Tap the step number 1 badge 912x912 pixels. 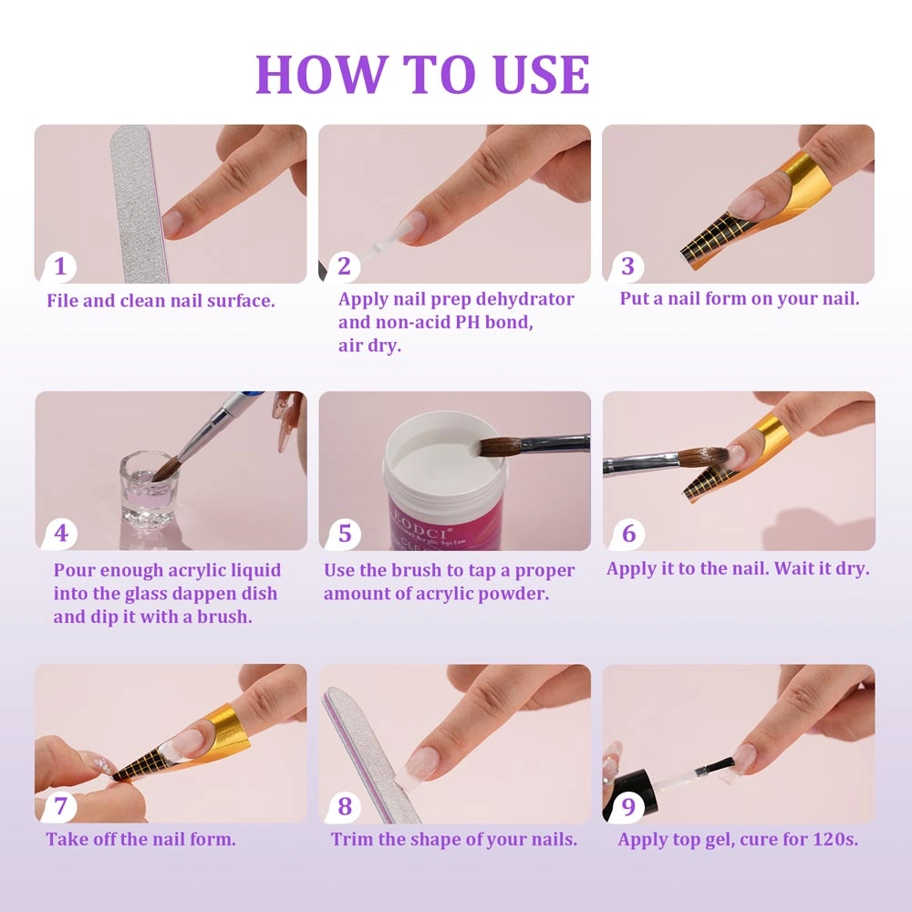pos(60,266)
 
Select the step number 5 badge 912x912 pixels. pos(345,534)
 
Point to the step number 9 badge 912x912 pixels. pos(628,807)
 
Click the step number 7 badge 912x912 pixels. pos(60,807)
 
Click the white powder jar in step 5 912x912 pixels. pos(443,481)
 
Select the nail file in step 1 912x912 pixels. pos(140,203)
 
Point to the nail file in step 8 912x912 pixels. pos(370,754)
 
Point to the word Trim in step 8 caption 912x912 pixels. pos(352,839)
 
